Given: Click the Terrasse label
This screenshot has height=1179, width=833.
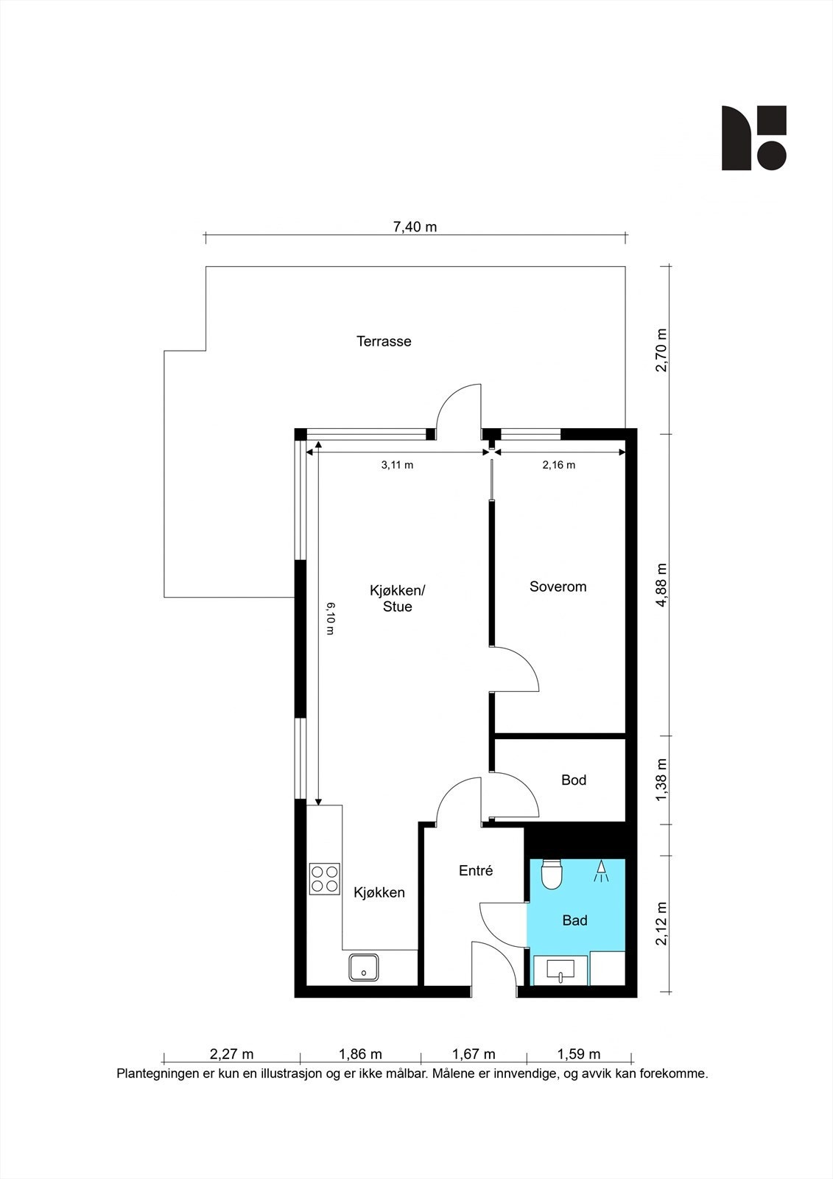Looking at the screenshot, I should click(384, 341).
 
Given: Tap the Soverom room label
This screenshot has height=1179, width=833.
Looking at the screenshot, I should click(558, 587).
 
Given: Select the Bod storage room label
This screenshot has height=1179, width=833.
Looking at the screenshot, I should click(573, 780).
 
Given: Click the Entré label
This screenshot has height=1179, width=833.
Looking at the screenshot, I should click(475, 870).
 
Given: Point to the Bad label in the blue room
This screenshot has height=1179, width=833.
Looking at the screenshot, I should click(574, 920).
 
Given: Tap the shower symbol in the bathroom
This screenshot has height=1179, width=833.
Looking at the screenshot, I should click(602, 871).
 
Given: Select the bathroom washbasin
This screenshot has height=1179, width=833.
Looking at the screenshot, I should click(560, 970).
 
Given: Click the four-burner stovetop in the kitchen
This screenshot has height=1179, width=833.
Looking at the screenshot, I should click(325, 878).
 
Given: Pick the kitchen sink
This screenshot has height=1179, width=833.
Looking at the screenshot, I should click(364, 968).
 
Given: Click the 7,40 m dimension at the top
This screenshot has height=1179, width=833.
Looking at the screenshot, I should click(415, 227).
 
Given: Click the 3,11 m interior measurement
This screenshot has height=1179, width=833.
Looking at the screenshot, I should click(397, 465).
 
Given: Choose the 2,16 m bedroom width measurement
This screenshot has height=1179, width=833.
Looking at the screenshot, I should click(558, 465).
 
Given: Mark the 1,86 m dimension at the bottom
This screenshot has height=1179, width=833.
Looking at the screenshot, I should click(360, 1054).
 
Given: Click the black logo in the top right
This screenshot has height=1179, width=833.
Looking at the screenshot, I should click(753, 138).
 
